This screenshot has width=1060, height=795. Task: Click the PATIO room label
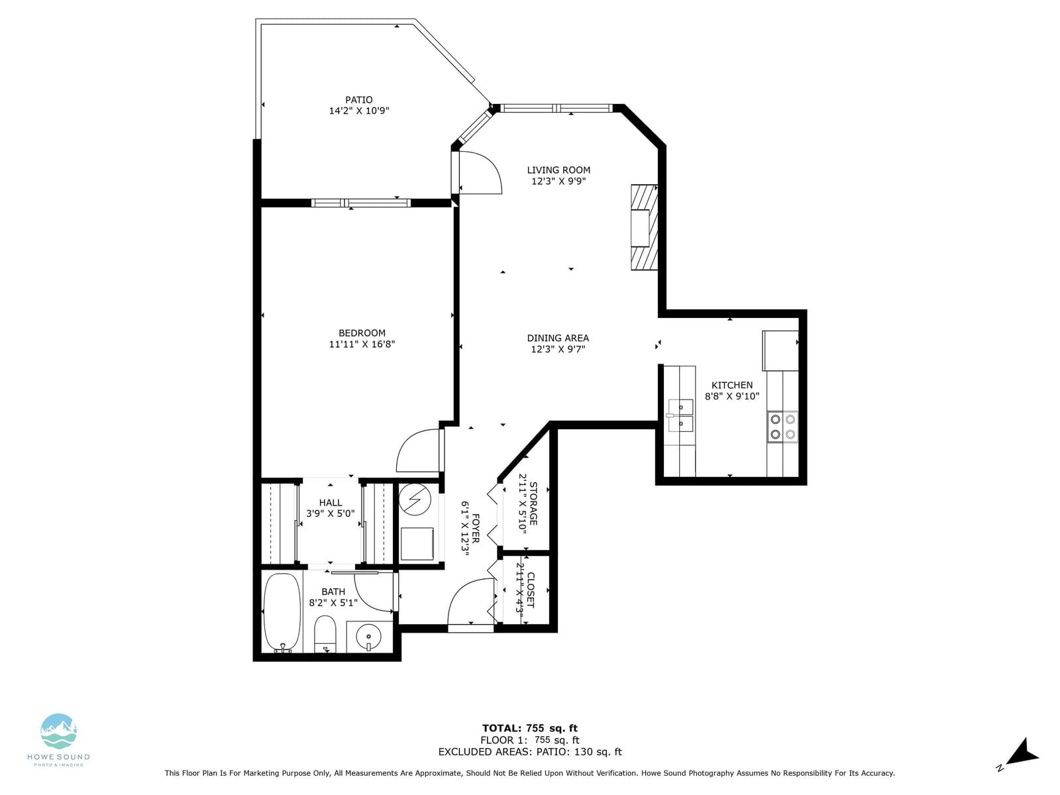pyautogui.click(x=359, y=100)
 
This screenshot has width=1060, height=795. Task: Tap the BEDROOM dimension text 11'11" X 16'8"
pyautogui.click(x=362, y=344)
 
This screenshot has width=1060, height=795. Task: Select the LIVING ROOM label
pyautogui.click(x=558, y=170)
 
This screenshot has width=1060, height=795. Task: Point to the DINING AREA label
pyautogui.click(x=558, y=338)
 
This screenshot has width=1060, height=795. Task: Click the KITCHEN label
pyautogui.click(x=732, y=385)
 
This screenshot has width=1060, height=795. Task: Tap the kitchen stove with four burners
pyautogui.click(x=782, y=427)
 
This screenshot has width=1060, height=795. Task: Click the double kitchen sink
pyautogui.click(x=680, y=415)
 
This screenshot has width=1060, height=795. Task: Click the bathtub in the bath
pyautogui.click(x=282, y=613)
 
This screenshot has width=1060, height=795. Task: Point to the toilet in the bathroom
pyautogui.click(x=325, y=634)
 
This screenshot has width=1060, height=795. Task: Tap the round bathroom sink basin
pyautogui.click(x=370, y=637)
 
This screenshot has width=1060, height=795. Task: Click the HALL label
pyautogui.click(x=331, y=502)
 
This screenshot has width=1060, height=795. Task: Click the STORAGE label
pyautogui.click(x=533, y=503)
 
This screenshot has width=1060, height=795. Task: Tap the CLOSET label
pyautogui.click(x=530, y=590)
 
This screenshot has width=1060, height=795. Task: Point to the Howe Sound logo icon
pyautogui.click(x=58, y=731)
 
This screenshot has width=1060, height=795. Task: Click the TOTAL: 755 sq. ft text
pyautogui.click(x=530, y=728)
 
